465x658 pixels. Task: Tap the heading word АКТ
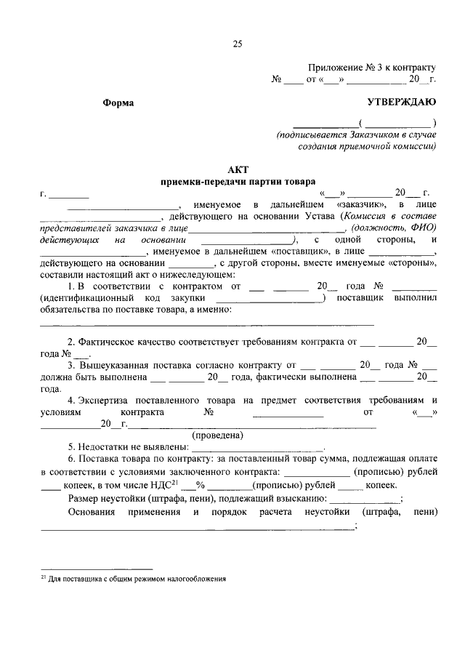pos(238,169)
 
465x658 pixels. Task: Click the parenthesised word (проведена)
pos(217,436)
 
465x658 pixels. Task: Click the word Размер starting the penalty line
pos(86,499)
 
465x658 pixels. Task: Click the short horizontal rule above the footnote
pos(96,568)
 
